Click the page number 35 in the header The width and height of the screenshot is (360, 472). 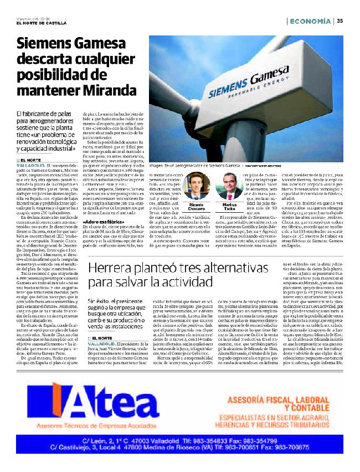340,21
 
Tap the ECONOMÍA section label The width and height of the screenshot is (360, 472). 311,21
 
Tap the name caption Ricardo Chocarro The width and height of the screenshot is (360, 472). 194,206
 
